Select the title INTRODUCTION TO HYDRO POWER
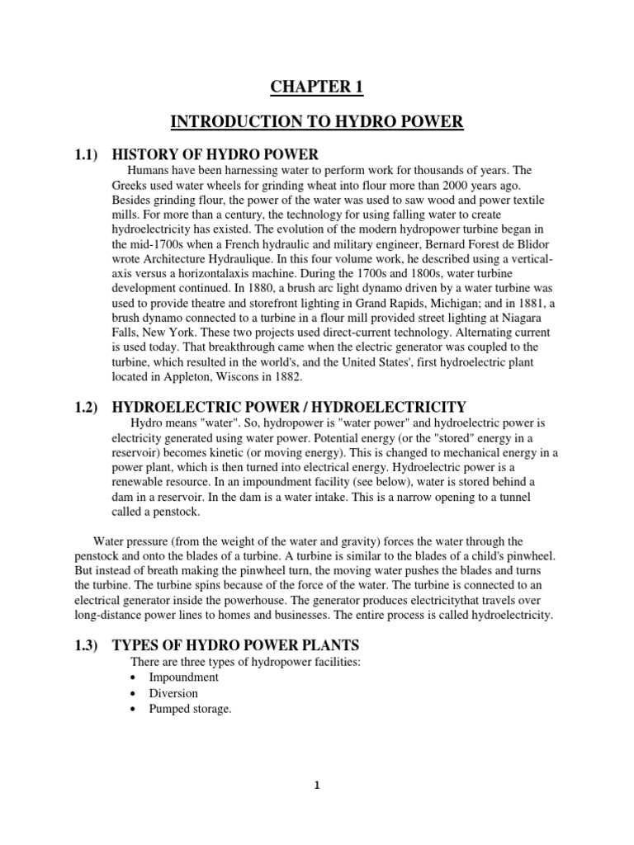tap(317, 123)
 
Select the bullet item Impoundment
tap(183, 677)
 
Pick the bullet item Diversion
tap(173, 693)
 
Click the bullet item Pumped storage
tap(189, 709)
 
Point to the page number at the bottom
tap(316, 785)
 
